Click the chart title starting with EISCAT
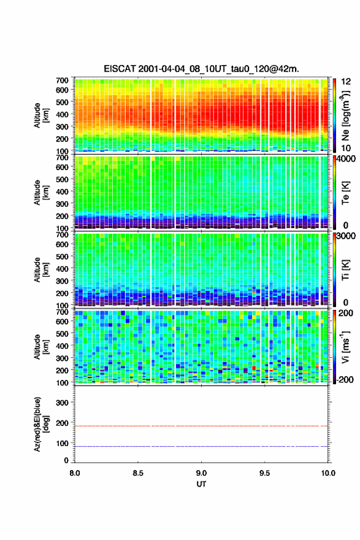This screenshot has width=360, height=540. (x=201, y=69)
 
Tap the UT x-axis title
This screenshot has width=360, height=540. (x=201, y=484)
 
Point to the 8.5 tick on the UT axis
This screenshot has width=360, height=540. (x=138, y=473)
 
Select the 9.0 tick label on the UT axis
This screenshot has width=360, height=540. (x=201, y=473)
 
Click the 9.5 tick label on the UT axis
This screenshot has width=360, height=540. (x=265, y=473)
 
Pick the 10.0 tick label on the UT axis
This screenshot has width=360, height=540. (x=328, y=473)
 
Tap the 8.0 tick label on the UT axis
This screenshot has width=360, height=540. (x=75, y=473)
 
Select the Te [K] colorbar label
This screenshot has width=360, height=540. (x=345, y=193)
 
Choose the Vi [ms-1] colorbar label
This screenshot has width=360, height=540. (x=345, y=347)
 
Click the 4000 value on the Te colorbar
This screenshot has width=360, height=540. (x=346, y=159)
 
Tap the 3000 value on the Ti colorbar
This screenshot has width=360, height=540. (x=346, y=236)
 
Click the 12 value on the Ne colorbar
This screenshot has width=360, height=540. (x=346, y=82)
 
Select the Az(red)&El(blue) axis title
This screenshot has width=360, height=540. (x=40, y=424)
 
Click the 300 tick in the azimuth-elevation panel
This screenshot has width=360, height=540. (x=62, y=403)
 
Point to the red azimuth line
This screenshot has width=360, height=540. (x=201, y=426)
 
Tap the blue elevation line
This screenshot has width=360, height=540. (x=201, y=446)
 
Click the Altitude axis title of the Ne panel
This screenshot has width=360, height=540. (x=41, y=115)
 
